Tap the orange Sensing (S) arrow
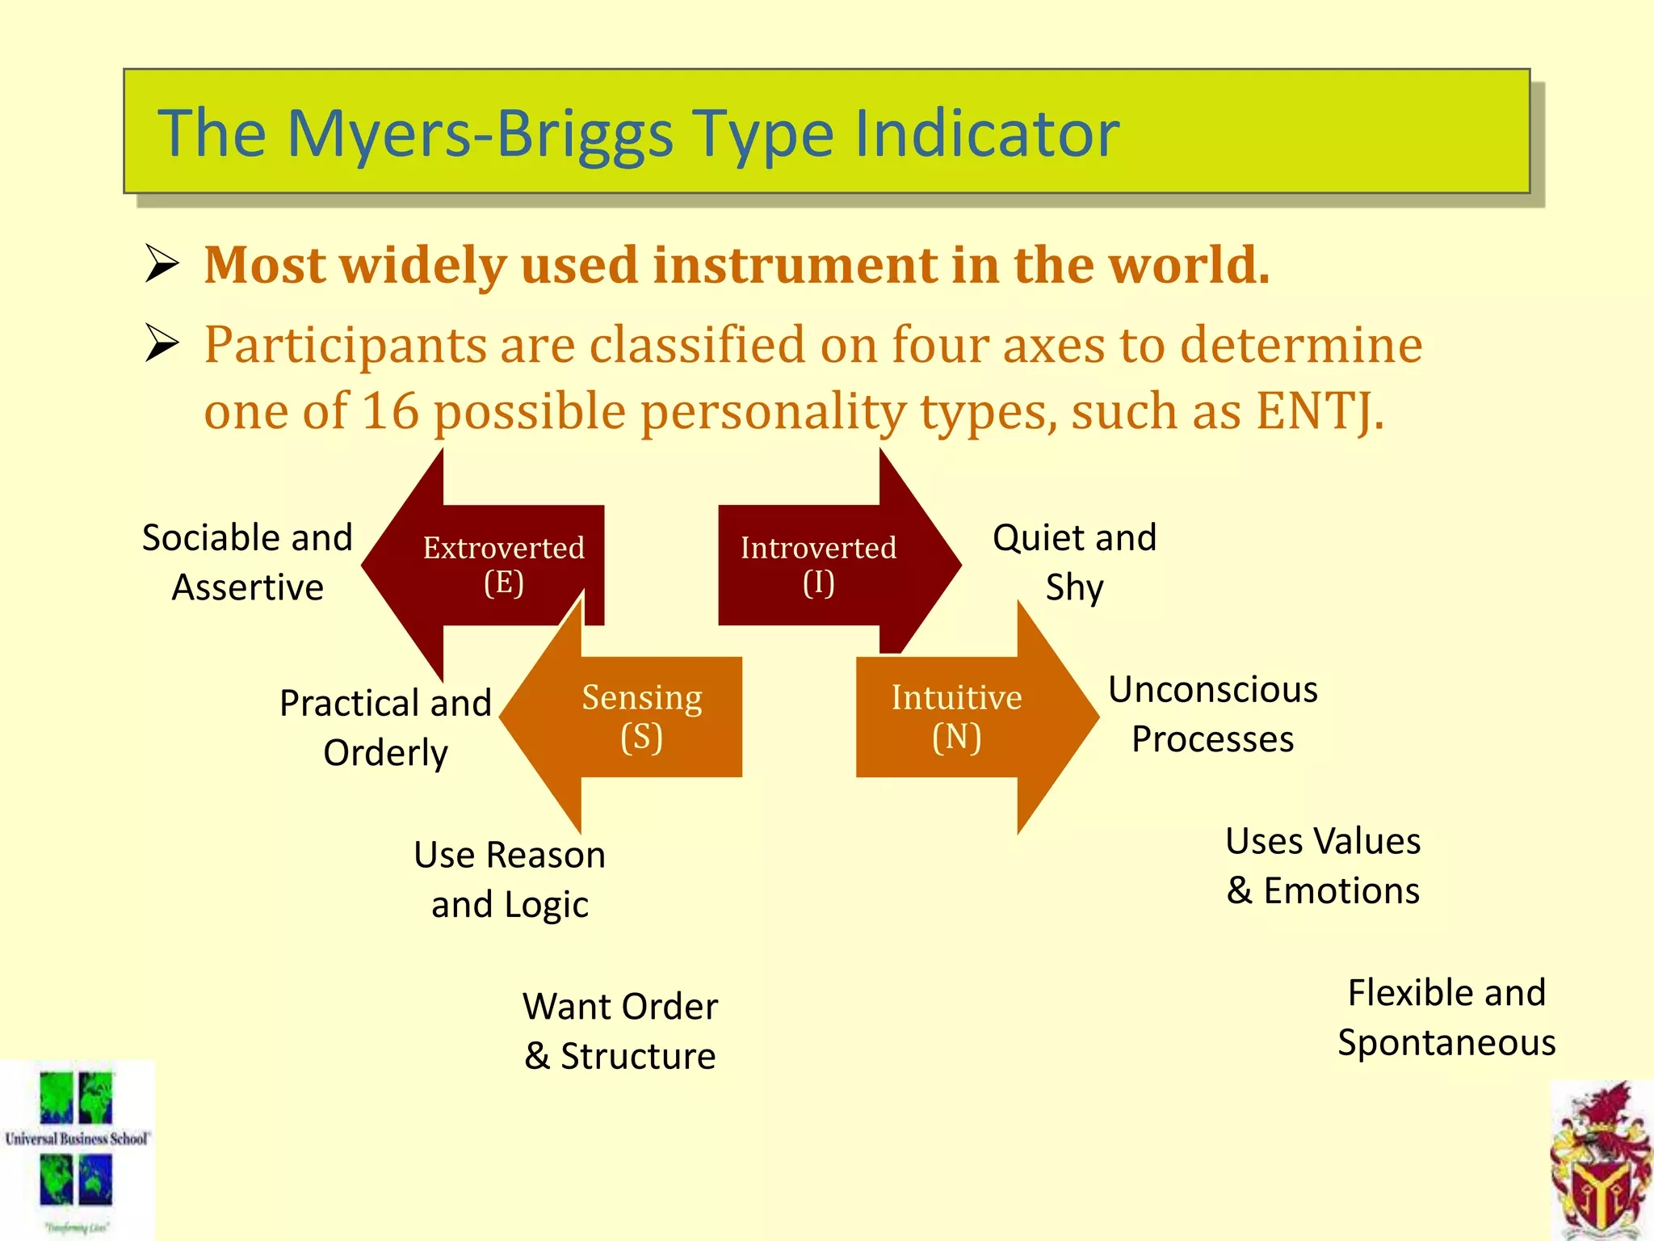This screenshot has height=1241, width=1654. [x=642, y=717]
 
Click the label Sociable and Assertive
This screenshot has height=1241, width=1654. [x=247, y=562]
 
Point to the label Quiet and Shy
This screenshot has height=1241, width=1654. [x=1074, y=562]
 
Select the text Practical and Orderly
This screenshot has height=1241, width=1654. [x=385, y=727]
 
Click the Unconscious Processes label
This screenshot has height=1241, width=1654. [x=1212, y=714]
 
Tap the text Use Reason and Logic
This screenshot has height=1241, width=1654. [x=510, y=879]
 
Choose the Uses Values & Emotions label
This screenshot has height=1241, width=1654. [x=1323, y=865]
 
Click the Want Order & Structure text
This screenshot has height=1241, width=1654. [x=620, y=1031]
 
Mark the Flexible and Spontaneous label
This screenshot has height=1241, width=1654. [x=1446, y=1017]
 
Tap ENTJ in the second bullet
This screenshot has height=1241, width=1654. [x=1319, y=411]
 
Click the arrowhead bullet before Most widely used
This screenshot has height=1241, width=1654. [x=162, y=264]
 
